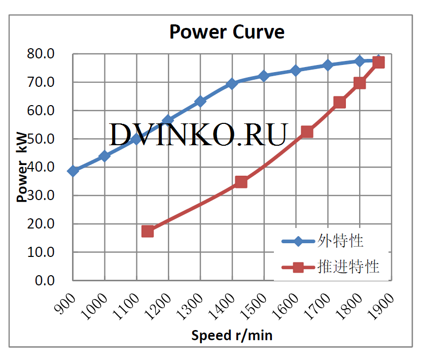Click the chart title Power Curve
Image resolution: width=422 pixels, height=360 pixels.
[227, 32]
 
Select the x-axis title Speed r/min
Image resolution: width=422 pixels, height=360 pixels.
[232, 335]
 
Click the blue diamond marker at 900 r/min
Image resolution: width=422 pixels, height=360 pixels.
[73, 171]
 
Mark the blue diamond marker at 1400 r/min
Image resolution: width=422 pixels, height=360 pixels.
[232, 83]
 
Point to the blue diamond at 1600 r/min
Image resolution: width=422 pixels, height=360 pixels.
[296, 71]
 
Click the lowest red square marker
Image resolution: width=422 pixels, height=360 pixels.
[148, 231]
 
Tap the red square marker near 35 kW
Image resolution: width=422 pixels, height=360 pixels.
[241, 182]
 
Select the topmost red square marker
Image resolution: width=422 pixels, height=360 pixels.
[378, 62]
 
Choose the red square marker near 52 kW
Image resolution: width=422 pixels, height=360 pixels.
[307, 132]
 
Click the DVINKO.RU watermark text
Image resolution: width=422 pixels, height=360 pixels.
[199, 134]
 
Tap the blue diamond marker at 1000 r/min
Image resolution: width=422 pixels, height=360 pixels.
[104, 156]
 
